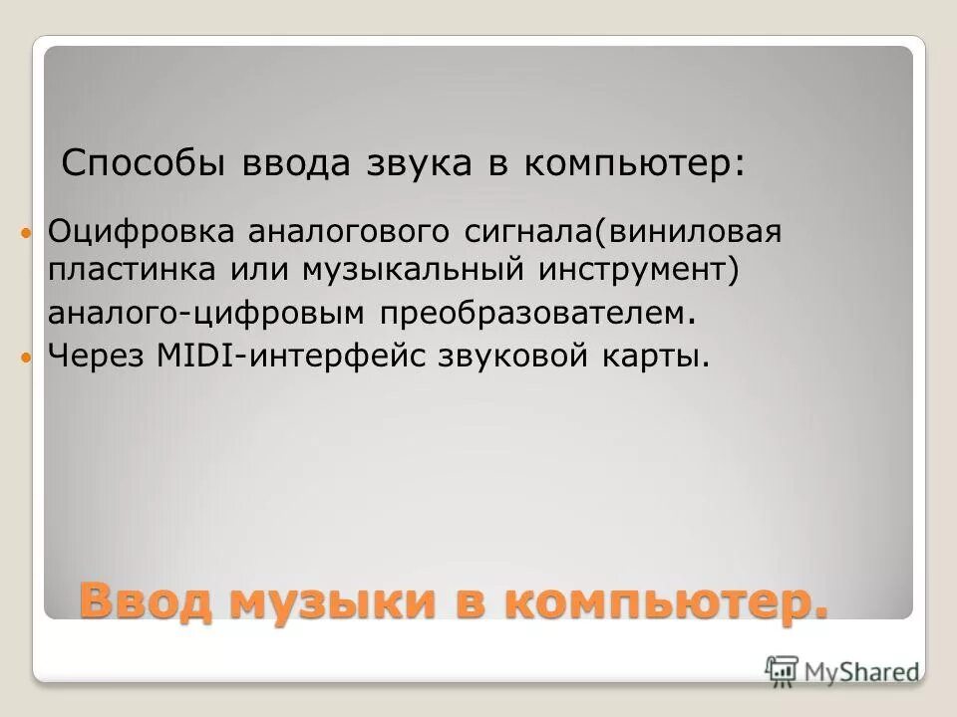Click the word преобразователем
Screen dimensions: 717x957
point(532,314)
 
